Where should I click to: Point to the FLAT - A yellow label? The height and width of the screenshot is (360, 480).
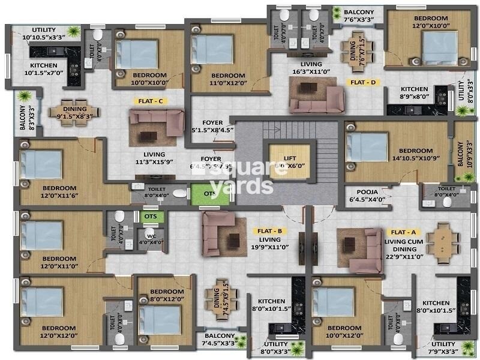click(x=402, y=230)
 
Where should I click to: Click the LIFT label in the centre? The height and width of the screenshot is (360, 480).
click(x=290, y=159)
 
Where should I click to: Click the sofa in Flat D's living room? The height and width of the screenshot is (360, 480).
click(x=316, y=95)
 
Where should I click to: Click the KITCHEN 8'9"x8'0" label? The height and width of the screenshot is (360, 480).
click(x=415, y=92)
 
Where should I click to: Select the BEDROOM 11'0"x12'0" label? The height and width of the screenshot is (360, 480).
click(x=228, y=79)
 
